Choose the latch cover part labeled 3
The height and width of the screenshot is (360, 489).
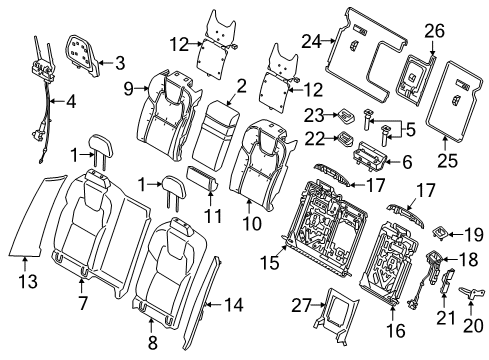tap(87, 50)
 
